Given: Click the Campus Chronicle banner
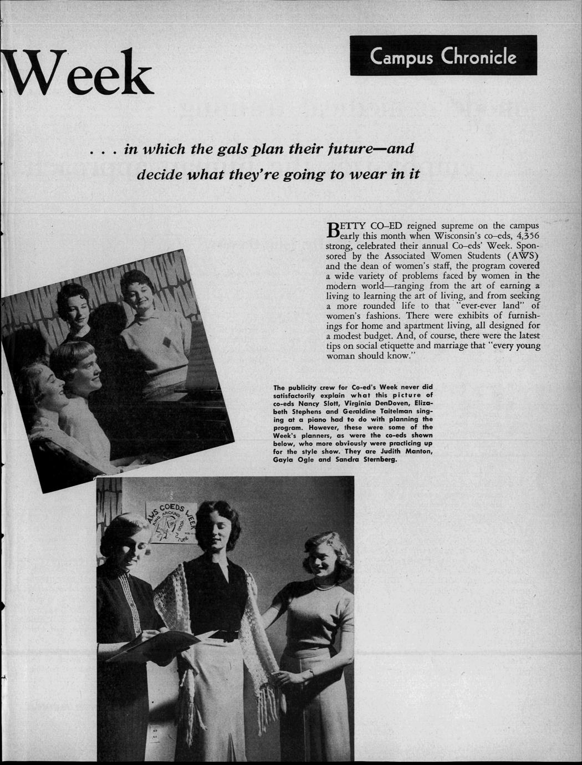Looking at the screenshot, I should [443, 56].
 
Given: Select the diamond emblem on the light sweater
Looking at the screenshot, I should [165, 341].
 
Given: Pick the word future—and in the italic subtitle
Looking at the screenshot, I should [376, 149].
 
